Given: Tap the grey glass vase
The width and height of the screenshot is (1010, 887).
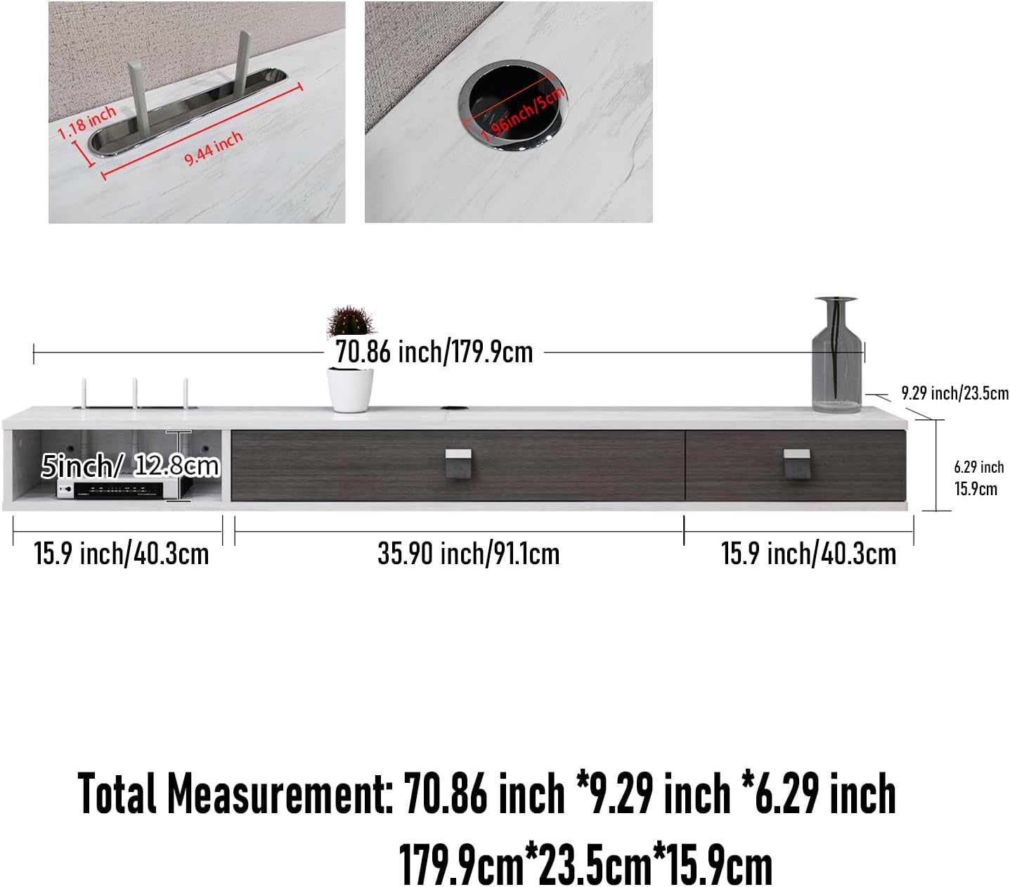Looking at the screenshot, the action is pyautogui.click(x=836, y=355).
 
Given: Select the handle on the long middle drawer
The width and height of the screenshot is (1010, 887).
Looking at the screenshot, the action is pyautogui.click(x=458, y=464).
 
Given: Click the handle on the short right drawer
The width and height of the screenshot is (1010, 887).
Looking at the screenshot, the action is pyautogui.click(x=796, y=464).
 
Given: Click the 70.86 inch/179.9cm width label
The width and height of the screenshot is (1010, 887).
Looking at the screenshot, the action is pyautogui.click(x=434, y=352).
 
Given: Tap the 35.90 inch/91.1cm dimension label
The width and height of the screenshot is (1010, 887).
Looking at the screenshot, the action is pyautogui.click(x=469, y=554).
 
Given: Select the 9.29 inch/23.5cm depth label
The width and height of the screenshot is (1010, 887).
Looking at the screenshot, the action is pyautogui.click(x=954, y=393).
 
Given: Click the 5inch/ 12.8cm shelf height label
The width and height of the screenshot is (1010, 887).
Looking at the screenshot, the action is pyautogui.click(x=130, y=466).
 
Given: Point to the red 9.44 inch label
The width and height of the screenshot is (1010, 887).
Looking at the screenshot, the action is pyautogui.click(x=214, y=148).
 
